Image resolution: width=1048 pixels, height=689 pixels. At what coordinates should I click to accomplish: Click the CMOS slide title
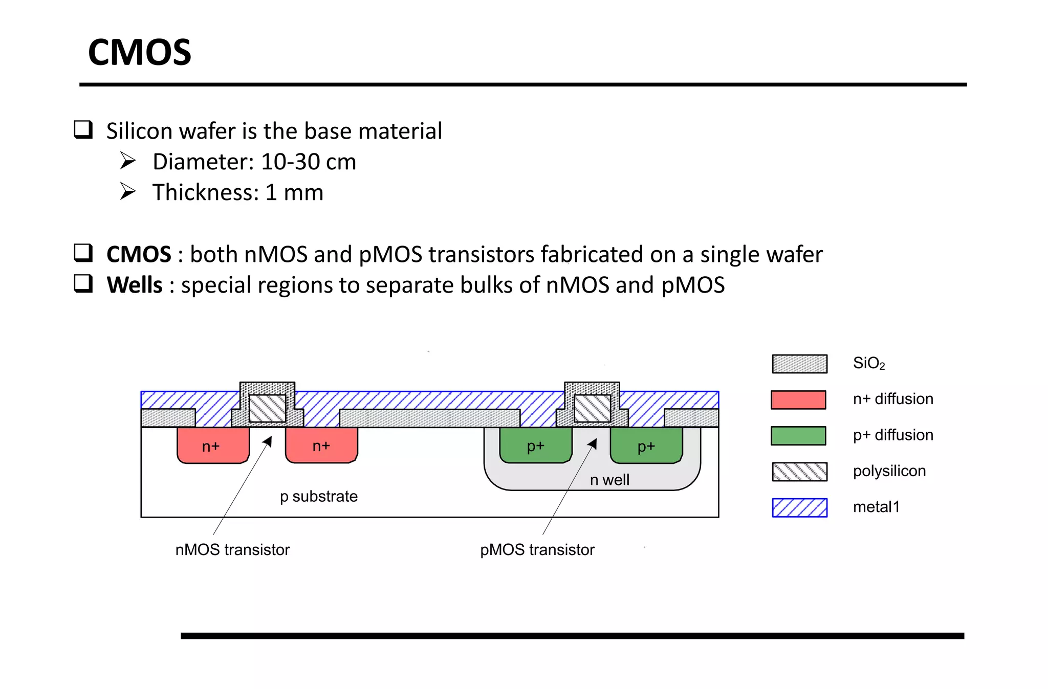tap(140, 53)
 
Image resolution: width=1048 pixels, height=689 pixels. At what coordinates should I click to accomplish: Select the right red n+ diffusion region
tap(321, 446)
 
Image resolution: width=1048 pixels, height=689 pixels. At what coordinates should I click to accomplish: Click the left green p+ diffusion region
tap(535, 446)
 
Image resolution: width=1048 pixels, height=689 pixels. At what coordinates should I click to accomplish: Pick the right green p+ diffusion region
tap(646, 446)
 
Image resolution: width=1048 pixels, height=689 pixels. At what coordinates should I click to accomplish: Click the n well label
tap(609, 480)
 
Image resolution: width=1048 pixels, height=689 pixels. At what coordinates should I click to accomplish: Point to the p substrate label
tap(318, 496)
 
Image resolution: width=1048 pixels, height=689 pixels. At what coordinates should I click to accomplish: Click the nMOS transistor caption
tap(232, 550)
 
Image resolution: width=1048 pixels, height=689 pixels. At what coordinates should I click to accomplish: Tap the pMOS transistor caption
tap(537, 550)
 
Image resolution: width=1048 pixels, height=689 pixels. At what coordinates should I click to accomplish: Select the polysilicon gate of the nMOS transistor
tap(267, 408)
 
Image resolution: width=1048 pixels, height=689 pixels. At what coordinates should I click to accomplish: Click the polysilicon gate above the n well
tap(592, 408)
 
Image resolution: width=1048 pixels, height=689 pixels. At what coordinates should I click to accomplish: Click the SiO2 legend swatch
tap(799, 364)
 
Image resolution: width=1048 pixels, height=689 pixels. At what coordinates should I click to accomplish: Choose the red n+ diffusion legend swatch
tap(798, 399)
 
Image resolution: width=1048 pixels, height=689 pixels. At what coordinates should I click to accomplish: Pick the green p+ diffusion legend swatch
tap(798, 436)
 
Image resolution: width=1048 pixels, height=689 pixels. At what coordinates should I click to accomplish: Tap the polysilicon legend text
tap(889, 471)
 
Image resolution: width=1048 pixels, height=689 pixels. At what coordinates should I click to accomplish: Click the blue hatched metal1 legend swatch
tap(799, 507)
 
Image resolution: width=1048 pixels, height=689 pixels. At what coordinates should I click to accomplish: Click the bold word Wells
tap(134, 285)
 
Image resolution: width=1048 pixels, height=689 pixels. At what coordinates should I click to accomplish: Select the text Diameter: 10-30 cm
tap(254, 162)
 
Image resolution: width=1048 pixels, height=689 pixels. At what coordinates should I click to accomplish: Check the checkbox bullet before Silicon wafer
tap(83, 130)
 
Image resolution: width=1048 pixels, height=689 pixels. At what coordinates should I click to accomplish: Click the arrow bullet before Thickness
tap(127, 191)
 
